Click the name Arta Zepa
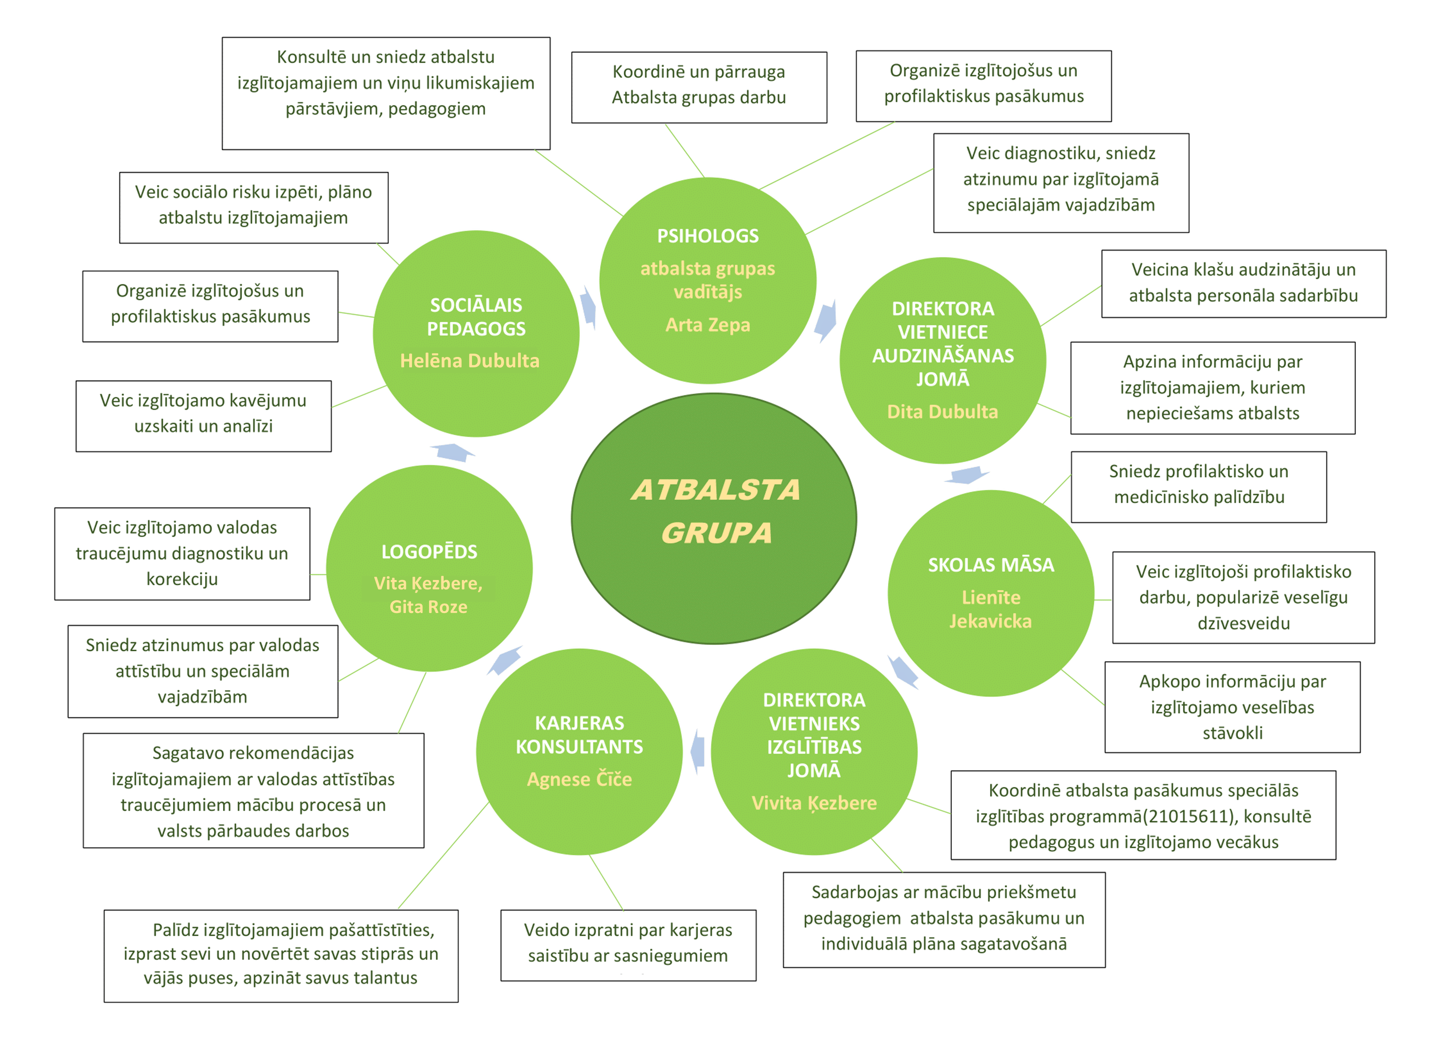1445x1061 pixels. [708, 325]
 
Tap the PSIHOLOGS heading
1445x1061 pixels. [708, 236]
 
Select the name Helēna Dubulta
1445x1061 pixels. [469, 360]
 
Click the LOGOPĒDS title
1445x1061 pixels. [429, 552]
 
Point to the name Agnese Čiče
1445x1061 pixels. [579, 779]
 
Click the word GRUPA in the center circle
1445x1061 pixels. [717, 533]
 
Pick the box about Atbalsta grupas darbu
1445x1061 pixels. [698, 87]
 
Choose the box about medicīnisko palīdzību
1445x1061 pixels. [1198, 487]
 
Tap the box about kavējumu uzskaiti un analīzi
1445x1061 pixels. [204, 416]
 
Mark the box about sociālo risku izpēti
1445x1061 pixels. [254, 207]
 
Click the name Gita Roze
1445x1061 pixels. [428, 607]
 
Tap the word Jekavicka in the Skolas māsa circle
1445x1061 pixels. [991, 621]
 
